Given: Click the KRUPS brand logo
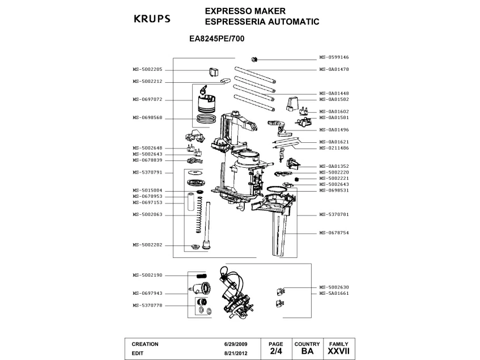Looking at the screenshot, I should [x=151, y=18].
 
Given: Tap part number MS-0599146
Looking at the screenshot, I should [x=334, y=58].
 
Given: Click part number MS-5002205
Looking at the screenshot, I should [x=147, y=69].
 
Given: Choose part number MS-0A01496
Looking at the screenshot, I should [x=334, y=129].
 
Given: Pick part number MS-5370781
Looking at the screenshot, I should [x=334, y=215].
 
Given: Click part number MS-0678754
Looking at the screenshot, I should [x=334, y=233].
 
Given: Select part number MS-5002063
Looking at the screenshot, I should [x=147, y=214].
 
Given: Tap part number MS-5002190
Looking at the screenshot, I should [x=147, y=275].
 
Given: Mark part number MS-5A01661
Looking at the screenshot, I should [x=334, y=294].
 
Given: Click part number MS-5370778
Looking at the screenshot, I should [x=147, y=306].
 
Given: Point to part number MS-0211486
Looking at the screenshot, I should [x=334, y=148].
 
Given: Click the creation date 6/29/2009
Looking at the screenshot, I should [x=236, y=344].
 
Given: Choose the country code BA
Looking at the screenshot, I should [x=307, y=351].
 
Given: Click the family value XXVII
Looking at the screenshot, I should [x=339, y=351].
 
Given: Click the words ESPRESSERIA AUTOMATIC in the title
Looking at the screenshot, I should [x=254, y=22].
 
